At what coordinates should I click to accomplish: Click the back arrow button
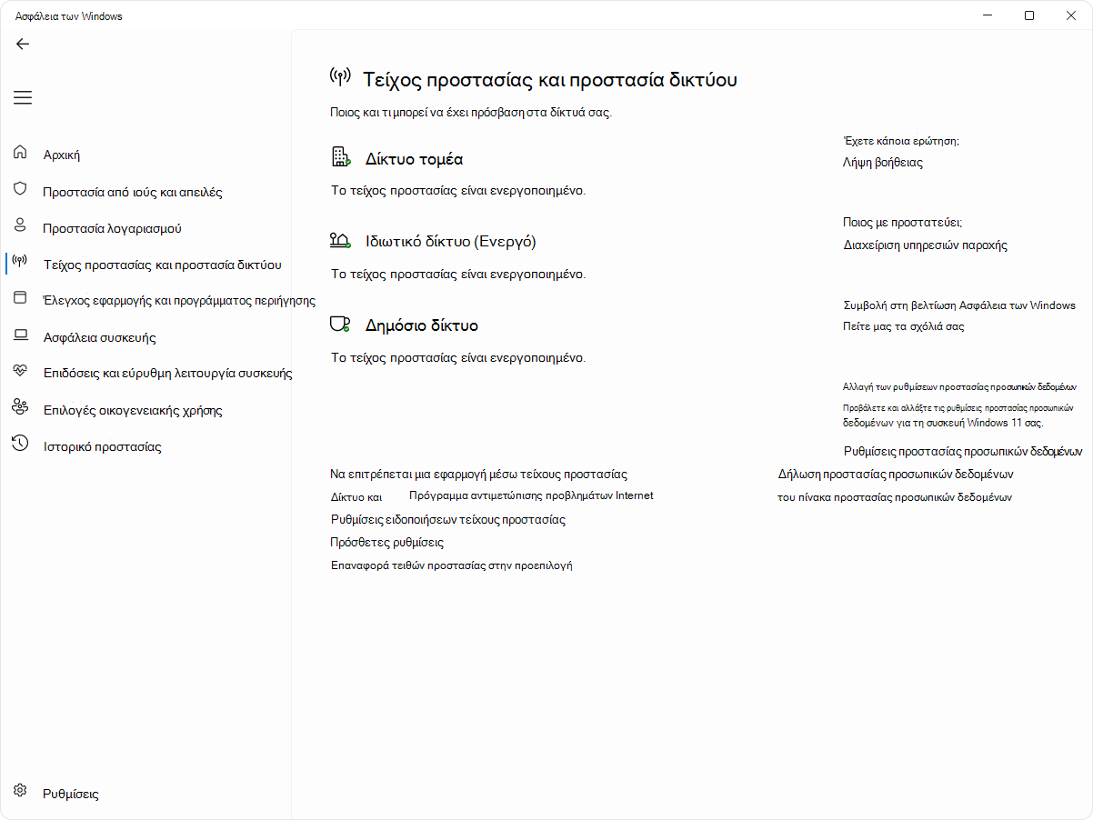pyautogui.click(x=23, y=44)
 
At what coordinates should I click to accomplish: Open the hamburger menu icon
pyautogui.click(x=23, y=97)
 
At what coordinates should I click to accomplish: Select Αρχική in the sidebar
pyautogui.click(x=62, y=155)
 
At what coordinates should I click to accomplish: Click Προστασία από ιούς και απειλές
pyautogui.click(x=133, y=192)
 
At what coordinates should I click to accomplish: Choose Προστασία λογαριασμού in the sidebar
pyautogui.click(x=113, y=228)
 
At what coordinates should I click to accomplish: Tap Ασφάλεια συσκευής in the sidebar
pyautogui.click(x=100, y=337)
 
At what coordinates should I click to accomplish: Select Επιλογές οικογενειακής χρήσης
pyautogui.click(x=133, y=410)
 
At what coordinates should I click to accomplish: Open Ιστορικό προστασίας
pyautogui.click(x=102, y=446)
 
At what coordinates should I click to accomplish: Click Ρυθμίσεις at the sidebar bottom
pyautogui.click(x=71, y=794)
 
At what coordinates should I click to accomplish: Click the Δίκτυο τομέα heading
pyautogui.click(x=414, y=159)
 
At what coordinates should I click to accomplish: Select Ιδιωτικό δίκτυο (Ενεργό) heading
pyautogui.click(x=450, y=241)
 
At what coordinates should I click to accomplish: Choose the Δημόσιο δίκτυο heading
pyautogui.click(x=421, y=325)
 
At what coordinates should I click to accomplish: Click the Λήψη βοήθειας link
pyautogui.click(x=883, y=163)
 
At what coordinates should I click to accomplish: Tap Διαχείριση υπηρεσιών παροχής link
pyautogui.click(x=925, y=245)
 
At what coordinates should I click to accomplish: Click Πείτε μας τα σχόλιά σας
pyautogui.click(x=903, y=325)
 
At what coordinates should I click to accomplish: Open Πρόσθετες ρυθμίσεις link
pyautogui.click(x=386, y=542)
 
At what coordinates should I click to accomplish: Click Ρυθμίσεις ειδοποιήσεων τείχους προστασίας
pyautogui.click(x=447, y=519)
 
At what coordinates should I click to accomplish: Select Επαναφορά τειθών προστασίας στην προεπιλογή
pyautogui.click(x=451, y=565)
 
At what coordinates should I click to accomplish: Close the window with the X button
pyautogui.click(x=1070, y=15)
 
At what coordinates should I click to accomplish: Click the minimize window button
pyautogui.click(x=988, y=15)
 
